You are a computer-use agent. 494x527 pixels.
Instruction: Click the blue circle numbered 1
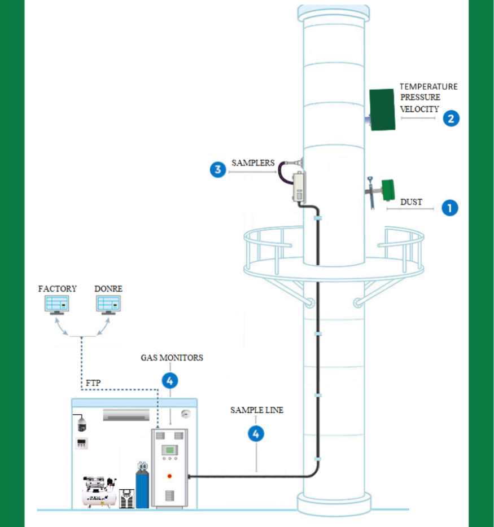[449, 208]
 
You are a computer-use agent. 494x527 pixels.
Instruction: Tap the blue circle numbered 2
[451, 118]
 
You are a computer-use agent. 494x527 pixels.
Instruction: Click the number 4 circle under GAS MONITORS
[170, 380]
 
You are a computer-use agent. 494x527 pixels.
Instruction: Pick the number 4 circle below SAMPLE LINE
[256, 433]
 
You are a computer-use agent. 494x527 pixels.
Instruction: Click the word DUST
[411, 202]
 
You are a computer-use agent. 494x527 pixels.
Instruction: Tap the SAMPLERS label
[253, 163]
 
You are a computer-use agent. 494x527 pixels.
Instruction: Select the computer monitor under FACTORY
[57, 305]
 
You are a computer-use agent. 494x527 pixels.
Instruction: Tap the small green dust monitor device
[388, 190]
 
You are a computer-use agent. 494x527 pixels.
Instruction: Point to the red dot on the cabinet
[169, 476]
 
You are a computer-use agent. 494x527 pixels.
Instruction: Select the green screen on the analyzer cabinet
[169, 450]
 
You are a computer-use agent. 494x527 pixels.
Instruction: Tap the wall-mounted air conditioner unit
[126, 415]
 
